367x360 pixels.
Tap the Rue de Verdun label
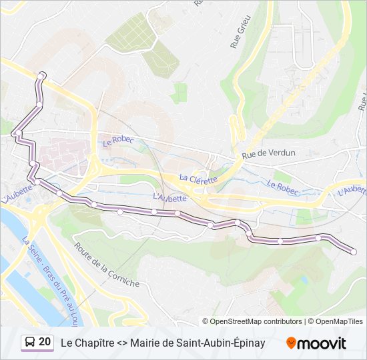coord(268,154)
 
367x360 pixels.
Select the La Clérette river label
coord(198,179)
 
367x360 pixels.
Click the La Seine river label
coord(29,250)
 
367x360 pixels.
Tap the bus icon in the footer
coord(29,343)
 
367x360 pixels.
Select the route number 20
coord(45,342)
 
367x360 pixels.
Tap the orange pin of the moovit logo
coord(291,343)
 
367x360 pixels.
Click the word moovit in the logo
coord(322,343)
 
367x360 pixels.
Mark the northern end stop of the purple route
coord(43,74)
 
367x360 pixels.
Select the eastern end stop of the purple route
coord(353,251)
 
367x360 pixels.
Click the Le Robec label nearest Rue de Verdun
coord(283,189)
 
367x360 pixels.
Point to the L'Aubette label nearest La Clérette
coord(169,197)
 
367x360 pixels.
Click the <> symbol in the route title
coord(121,343)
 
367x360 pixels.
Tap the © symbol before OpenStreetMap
coord(206,321)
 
